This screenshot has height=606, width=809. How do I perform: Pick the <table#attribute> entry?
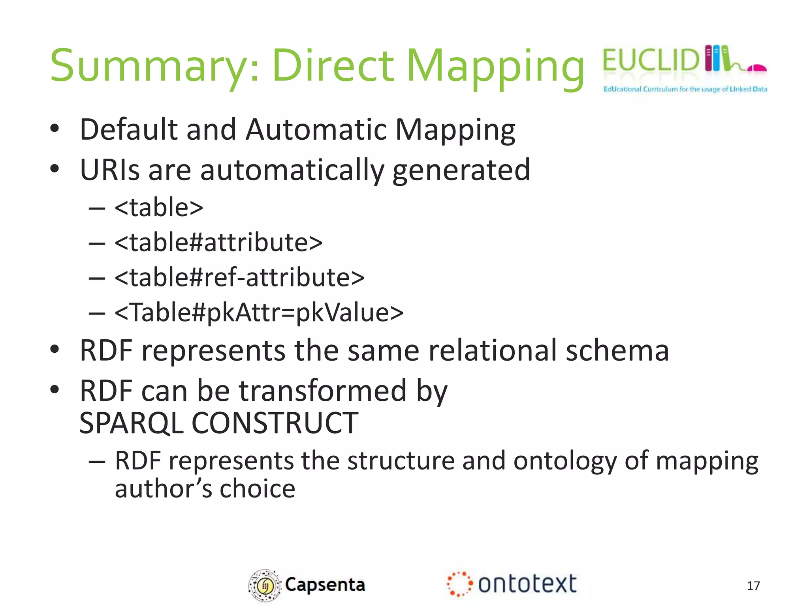218,242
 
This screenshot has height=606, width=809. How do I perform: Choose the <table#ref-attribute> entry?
239,277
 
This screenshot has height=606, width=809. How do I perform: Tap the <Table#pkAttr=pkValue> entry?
259,312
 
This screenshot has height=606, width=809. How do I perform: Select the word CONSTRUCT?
275,423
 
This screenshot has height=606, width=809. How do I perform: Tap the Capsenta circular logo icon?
264,585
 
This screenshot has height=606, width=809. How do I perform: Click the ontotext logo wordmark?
527,584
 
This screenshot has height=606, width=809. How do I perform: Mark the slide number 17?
753,585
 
